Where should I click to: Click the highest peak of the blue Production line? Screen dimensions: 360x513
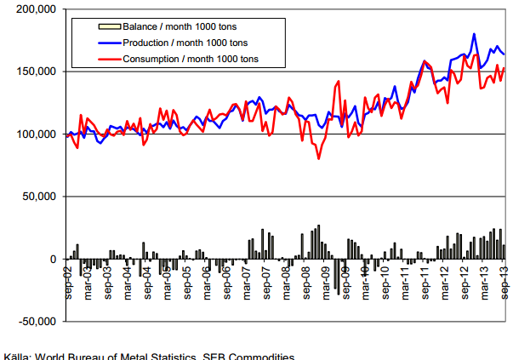point(474,34)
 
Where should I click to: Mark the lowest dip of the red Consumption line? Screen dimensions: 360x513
point(318,158)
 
